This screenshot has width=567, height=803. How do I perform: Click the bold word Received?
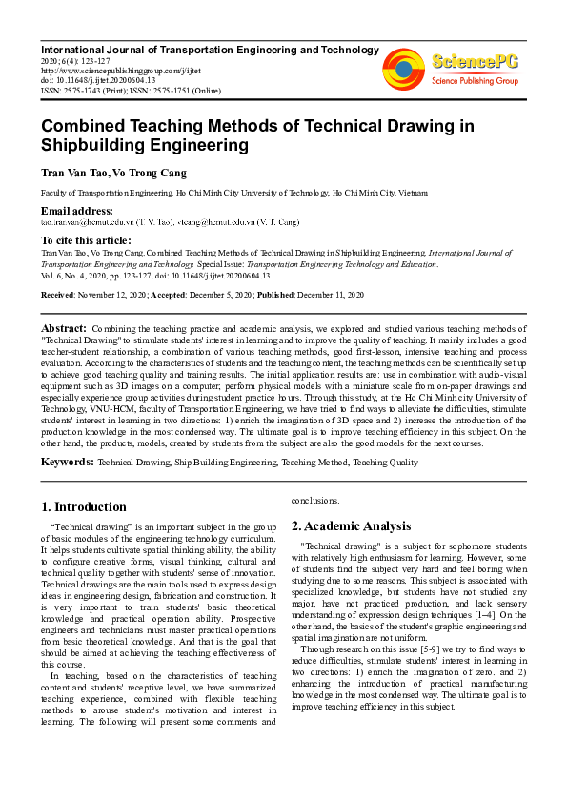coord(57,296)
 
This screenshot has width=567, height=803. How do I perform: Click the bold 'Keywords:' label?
coord(67,462)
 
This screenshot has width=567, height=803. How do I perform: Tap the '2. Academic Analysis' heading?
coord(351,525)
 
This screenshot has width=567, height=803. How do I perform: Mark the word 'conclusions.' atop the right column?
coord(314,499)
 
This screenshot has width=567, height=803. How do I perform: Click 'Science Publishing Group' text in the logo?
coord(473,80)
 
